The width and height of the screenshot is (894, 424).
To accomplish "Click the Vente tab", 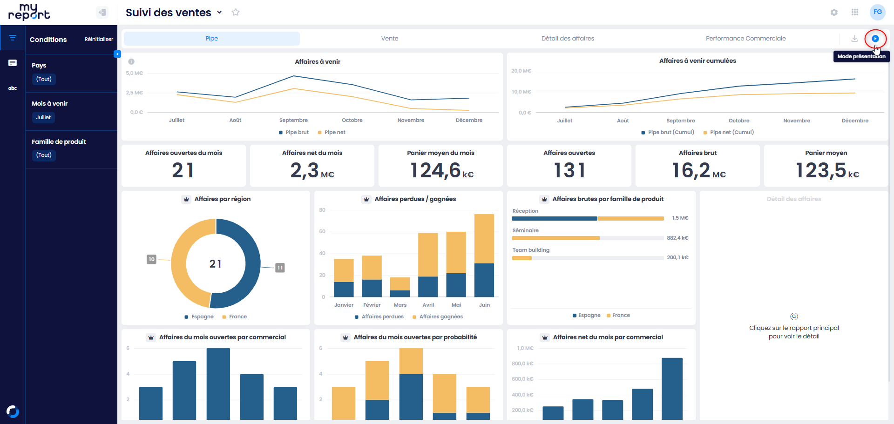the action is click(389, 39).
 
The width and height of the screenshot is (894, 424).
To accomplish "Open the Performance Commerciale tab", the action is click(745, 39).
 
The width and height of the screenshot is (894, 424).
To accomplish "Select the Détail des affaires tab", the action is click(568, 39).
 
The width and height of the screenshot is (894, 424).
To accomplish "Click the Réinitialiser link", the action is click(99, 39).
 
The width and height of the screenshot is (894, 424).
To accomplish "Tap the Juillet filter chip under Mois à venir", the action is click(43, 117).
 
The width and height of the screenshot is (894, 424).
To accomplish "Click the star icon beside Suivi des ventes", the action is click(236, 13).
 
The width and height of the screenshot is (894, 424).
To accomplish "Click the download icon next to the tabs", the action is click(854, 39).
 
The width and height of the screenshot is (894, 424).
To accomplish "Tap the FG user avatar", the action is click(878, 12).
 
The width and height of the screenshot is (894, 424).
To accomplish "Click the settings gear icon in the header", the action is click(834, 13).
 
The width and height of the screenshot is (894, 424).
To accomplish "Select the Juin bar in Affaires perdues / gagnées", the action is click(484, 256).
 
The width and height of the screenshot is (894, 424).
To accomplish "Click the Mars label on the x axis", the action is click(400, 305).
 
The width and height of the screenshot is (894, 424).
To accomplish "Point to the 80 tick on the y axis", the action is click(322, 210).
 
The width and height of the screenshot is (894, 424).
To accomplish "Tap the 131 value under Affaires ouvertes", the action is click(569, 170).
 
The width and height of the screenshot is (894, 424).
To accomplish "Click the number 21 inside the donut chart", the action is click(215, 264).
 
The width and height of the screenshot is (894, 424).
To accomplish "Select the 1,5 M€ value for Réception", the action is click(680, 218).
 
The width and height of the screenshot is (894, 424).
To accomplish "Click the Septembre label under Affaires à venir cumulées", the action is click(680, 121).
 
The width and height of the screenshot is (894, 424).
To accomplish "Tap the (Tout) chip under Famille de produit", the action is click(44, 155).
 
